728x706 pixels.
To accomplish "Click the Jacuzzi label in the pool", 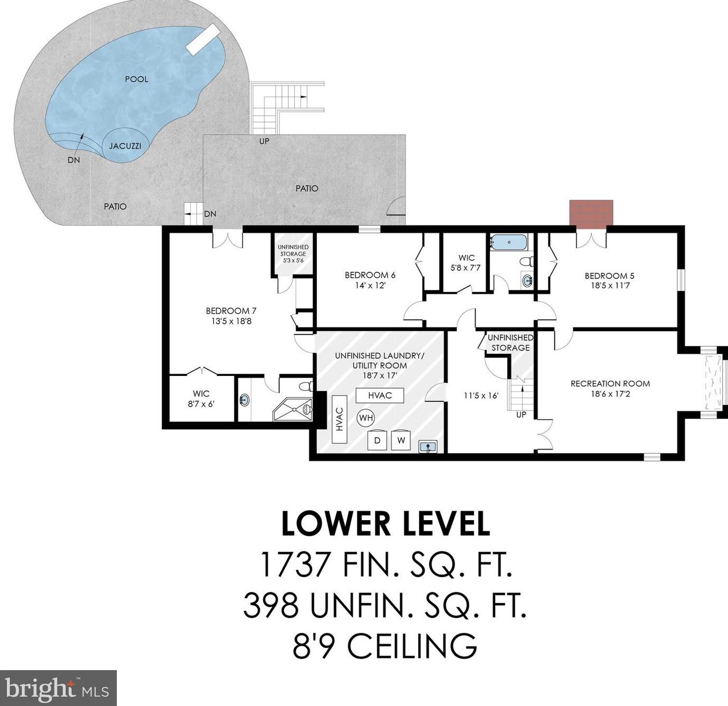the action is point(125,146).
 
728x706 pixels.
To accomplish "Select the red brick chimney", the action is point(591,214).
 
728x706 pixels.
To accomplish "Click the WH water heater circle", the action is point(365,418).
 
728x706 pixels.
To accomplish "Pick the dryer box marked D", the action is point(377,440).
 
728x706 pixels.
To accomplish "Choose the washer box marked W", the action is point(401,440).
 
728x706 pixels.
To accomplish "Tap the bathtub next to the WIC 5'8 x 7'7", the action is point(509,242).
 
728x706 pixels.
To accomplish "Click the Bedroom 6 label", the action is point(370,275).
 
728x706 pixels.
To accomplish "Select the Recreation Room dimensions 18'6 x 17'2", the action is point(610,393).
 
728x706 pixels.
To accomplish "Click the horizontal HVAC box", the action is point(380,396).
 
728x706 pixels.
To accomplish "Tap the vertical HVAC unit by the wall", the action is point(339,419).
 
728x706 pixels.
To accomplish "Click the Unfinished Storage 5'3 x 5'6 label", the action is point(293,253).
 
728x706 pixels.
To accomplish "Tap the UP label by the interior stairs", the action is point(521,415).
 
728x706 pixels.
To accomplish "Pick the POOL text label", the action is point(137,79).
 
